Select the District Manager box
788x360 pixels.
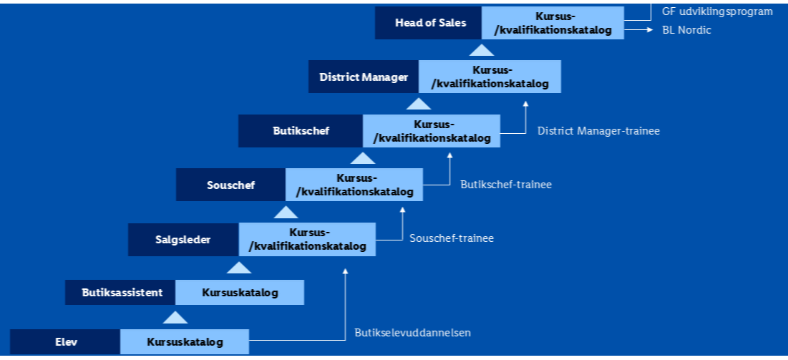[364, 77]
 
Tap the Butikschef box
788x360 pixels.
[301, 131]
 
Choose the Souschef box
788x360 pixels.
[230, 185]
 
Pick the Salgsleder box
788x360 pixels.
[183, 240]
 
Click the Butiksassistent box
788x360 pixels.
[120, 293]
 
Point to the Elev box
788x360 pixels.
[65, 342]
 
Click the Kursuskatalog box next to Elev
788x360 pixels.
[185, 342]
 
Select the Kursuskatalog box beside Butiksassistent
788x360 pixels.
[240, 293]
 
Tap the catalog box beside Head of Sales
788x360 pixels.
[553, 23]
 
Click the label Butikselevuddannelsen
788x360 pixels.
[412, 333]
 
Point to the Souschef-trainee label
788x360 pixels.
[452, 238]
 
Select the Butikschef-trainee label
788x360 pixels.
[506, 185]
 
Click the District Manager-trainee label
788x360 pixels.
[598, 131]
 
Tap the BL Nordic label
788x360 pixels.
[686, 31]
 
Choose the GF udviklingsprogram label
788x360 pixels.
[717, 11]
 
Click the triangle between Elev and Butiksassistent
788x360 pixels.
[175, 317]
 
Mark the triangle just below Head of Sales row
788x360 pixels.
[481, 49]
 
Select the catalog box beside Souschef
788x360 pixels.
[354, 185]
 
